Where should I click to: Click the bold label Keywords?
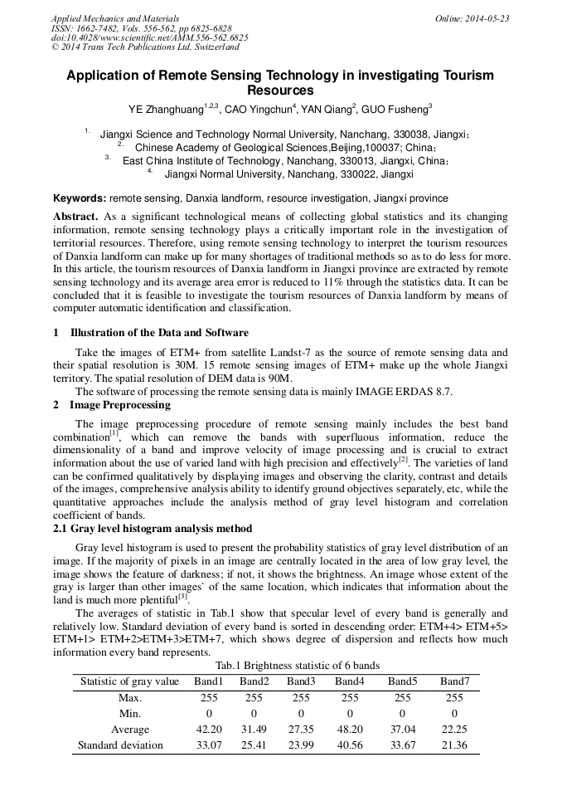pyautogui.click(x=80, y=198)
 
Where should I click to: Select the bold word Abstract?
pyautogui.click(x=75, y=216)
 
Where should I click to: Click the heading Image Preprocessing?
pyautogui.click(x=119, y=405)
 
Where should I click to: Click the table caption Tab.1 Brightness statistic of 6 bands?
pyautogui.click(x=297, y=666)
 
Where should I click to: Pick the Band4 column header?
pyautogui.click(x=350, y=681)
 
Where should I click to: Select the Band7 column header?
pyautogui.click(x=454, y=681)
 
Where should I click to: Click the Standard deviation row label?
pyautogui.click(x=120, y=745)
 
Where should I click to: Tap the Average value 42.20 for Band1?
pyautogui.click(x=209, y=730)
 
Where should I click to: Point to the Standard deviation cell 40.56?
pyautogui.click(x=350, y=745)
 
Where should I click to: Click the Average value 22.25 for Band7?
pyautogui.click(x=454, y=730)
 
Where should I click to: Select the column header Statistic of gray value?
pyautogui.click(x=129, y=681)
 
